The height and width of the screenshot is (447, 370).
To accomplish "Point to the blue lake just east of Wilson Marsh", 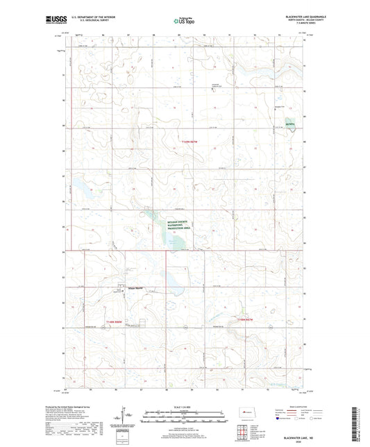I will point(168,281).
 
